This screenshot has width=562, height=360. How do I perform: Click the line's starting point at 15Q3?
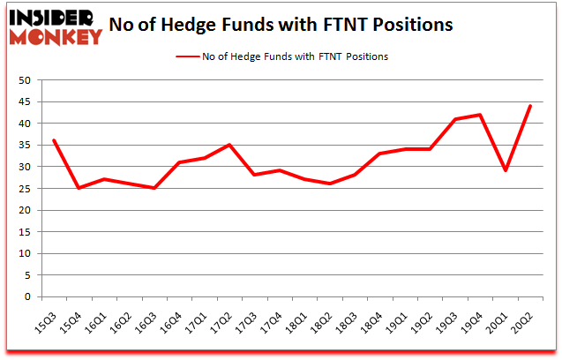pyautogui.click(x=55, y=140)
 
